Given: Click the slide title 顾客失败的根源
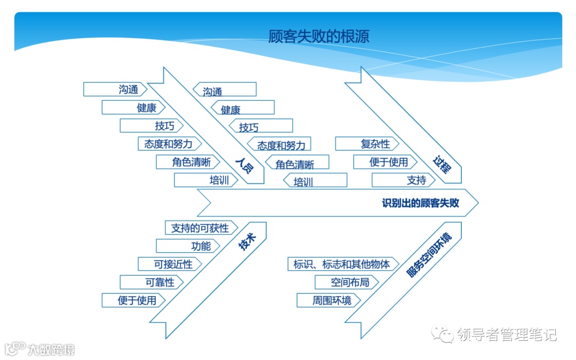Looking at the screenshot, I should pos(319,36).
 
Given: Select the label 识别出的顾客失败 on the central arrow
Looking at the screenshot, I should pos(420,203).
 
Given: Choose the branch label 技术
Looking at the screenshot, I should pos(247,244).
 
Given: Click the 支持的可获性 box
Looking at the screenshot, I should pos(200,228).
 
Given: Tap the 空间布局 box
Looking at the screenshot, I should pos(350,282).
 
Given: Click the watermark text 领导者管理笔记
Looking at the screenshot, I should pos(507,334).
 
